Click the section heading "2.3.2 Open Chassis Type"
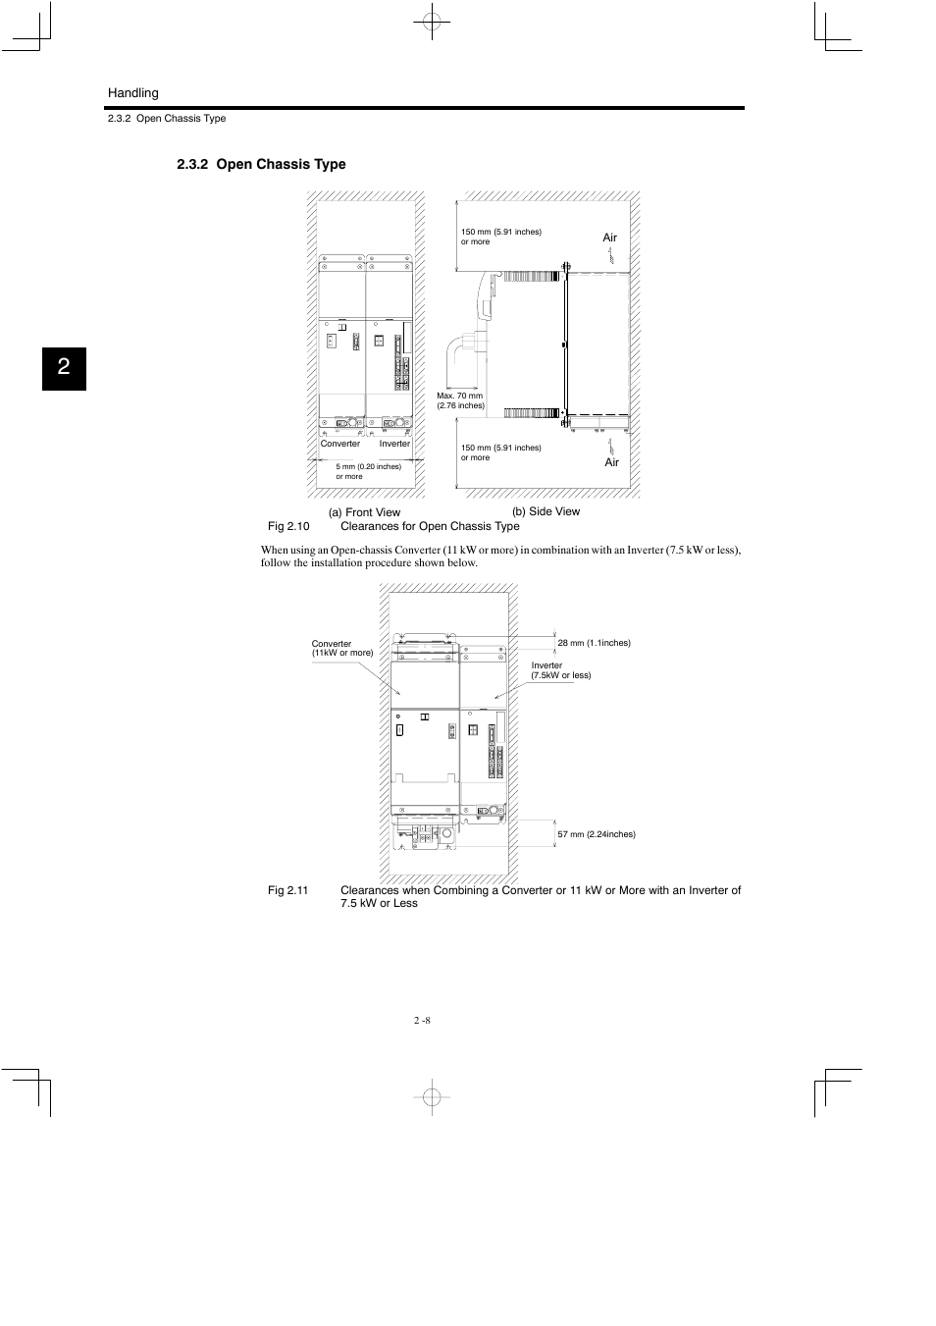tap(261, 165)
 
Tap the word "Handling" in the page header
tap(132, 93)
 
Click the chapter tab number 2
tap(64, 368)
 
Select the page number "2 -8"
tap(422, 1020)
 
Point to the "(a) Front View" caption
tap(364, 512)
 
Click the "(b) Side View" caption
tap(546, 511)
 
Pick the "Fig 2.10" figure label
tap(288, 526)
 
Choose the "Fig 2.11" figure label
tap(288, 890)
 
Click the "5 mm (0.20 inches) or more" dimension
tap(368, 471)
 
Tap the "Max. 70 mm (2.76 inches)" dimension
tap(460, 400)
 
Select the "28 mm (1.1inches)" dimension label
tap(594, 643)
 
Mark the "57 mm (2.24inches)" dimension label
tap(596, 834)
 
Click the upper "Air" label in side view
tap(609, 238)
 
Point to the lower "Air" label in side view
tap(611, 462)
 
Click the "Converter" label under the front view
tap(340, 444)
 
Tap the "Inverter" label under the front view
tap(394, 444)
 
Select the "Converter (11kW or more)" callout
tap(341, 648)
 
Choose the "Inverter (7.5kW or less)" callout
tap(560, 670)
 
